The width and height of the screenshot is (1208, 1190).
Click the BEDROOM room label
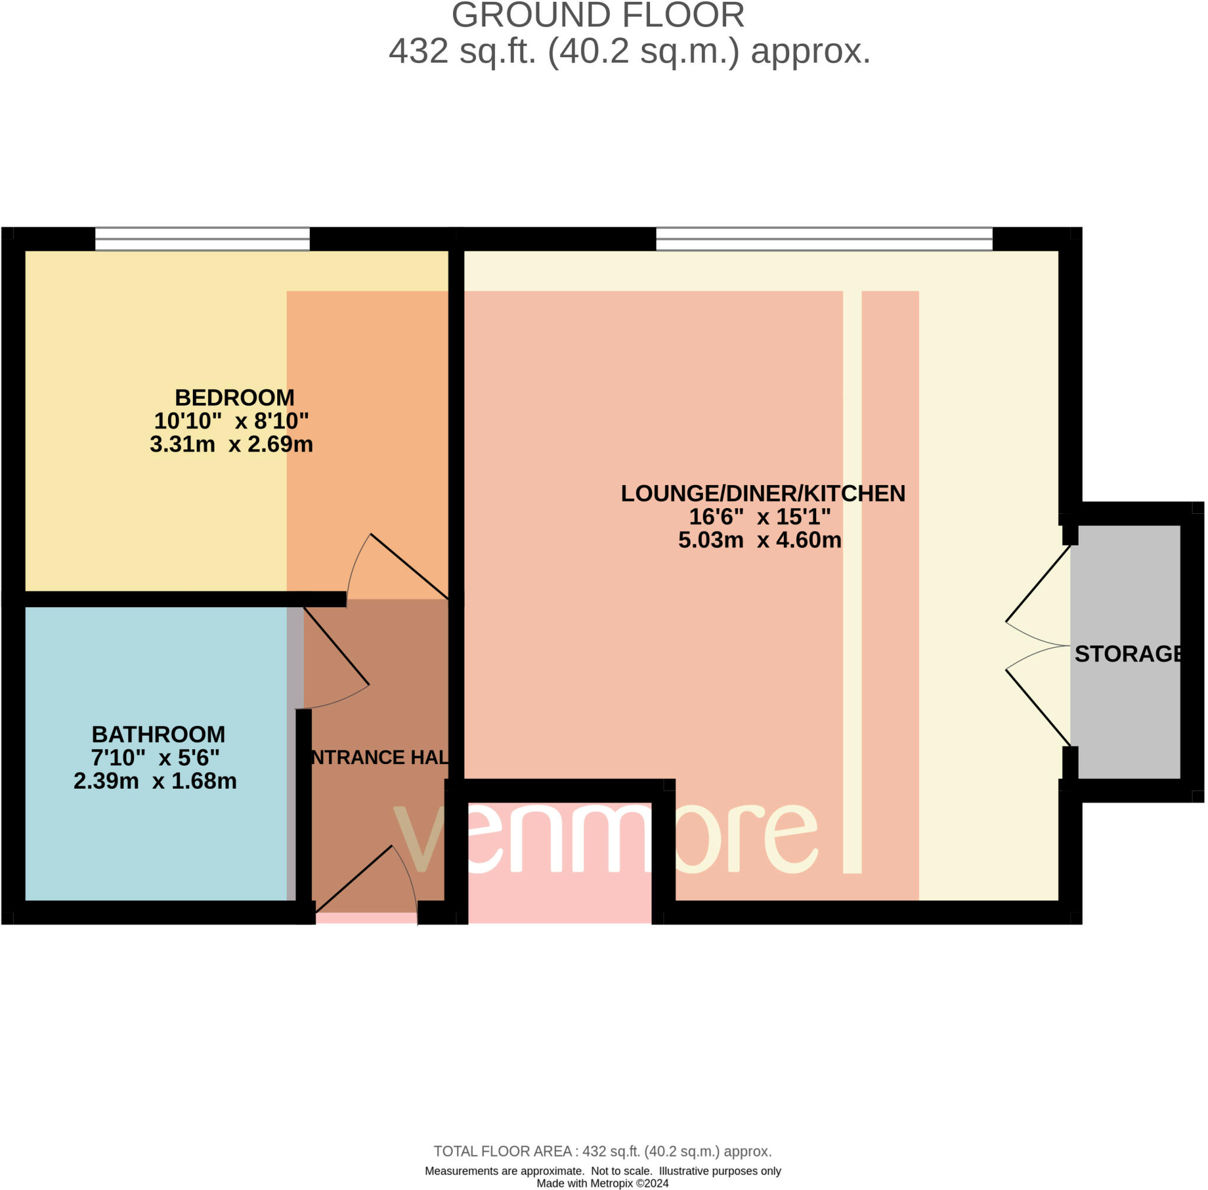click(234, 398)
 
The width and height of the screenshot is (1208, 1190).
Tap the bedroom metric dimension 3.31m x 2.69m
click(231, 444)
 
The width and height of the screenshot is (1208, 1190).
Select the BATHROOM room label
click(158, 735)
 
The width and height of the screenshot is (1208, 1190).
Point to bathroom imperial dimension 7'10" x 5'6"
click(155, 758)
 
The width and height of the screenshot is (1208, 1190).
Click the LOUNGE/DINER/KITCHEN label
click(762, 494)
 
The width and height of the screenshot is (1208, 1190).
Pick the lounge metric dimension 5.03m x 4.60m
click(759, 540)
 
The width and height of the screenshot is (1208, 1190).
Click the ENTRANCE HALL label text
click(379, 758)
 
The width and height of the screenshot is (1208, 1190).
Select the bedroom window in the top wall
click(202, 239)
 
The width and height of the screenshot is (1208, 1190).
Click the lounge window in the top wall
click(823, 239)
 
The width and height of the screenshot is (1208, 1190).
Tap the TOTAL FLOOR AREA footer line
click(602, 1151)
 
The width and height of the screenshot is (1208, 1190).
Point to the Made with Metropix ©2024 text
click(602, 1183)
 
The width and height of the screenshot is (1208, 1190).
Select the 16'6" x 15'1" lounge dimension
click(759, 517)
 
